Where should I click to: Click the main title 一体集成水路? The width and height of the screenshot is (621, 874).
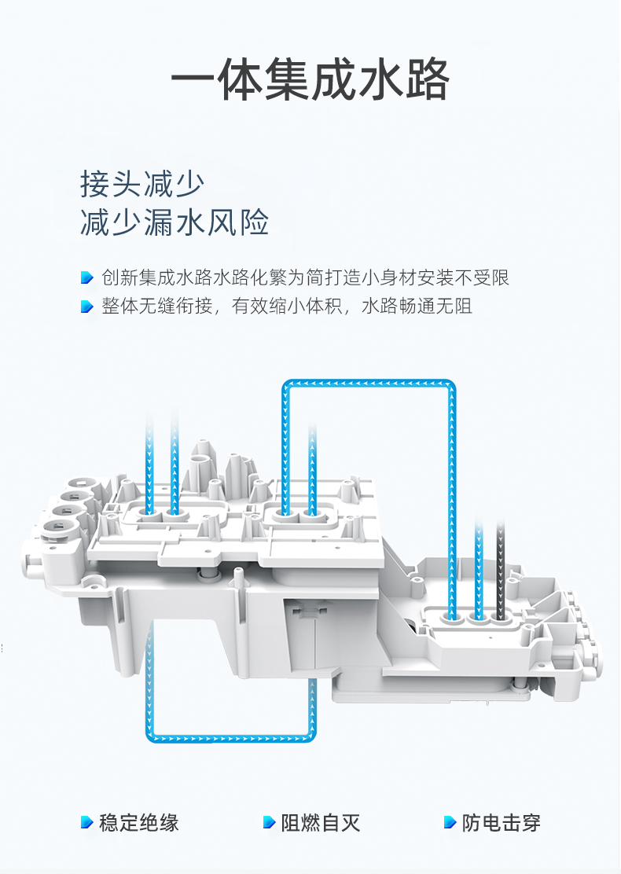pos(310,80)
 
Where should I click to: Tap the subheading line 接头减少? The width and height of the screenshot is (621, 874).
pos(141,184)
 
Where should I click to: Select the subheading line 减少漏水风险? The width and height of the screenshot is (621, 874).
pos(175,223)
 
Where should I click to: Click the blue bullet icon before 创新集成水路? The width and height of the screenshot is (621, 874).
pos(87,277)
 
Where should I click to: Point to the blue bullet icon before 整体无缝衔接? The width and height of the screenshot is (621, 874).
pos(87,307)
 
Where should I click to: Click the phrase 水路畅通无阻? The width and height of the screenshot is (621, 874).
pos(417,307)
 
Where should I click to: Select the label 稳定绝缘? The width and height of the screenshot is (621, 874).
pos(139,823)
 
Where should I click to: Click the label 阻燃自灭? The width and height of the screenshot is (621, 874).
pos(321,823)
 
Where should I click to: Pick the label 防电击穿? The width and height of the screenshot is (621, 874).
pos(502,823)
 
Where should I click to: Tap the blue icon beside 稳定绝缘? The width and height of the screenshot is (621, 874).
pos(87,823)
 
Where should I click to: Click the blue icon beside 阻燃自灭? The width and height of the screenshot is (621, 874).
pos(269,823)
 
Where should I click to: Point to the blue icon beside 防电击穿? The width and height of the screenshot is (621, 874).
pos(450,823)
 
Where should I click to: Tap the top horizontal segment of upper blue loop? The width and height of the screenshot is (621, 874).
pos(368,384)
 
